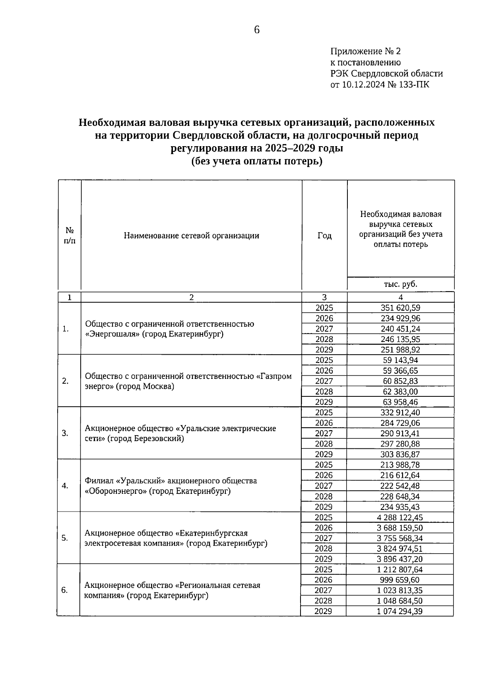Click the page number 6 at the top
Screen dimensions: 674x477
[256, 30]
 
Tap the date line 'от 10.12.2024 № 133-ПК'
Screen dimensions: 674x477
[380, 85]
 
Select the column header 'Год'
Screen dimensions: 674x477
[324, 236]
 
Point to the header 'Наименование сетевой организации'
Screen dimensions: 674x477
[191, 236]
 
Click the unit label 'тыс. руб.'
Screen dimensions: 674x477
[400, 284]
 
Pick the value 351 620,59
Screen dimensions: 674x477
[400, 308]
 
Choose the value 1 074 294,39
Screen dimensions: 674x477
[399, 611]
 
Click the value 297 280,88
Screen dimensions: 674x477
[400, 444]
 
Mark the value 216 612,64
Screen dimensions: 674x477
[400, 475]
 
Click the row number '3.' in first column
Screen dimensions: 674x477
[65, 433]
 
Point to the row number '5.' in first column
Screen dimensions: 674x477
[64, 538]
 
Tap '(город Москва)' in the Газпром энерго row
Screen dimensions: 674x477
[145, 386]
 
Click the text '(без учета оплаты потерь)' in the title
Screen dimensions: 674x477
[256, 162]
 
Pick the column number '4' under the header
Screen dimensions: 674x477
[400, 297]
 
